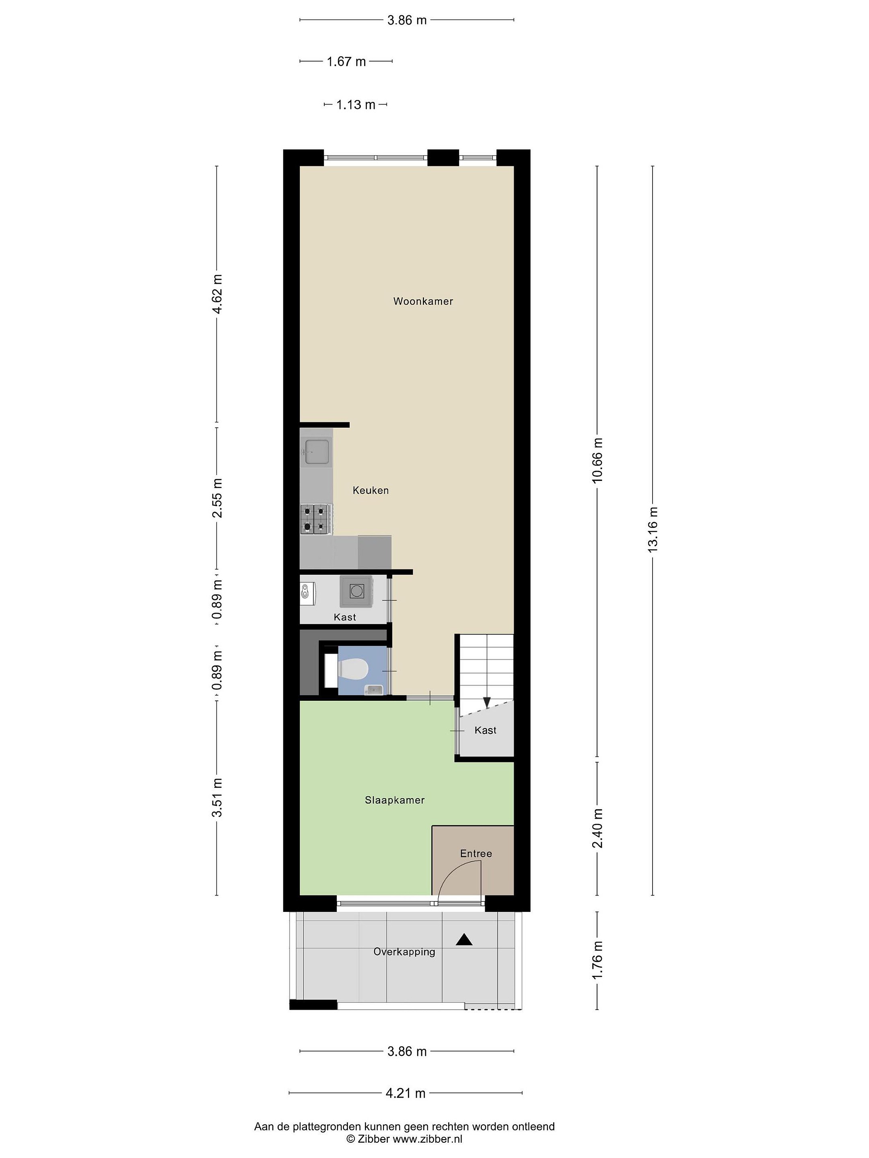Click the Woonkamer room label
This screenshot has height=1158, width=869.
pyautogui.click(x=423, y=301)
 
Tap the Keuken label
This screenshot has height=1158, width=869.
pyautogui.click(x=371, y=491)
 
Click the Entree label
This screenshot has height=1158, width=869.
pyautogui.click(x=476, y=854)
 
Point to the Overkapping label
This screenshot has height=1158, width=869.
pyautogui.click(x=404, y=952)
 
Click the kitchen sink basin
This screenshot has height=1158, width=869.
pyautogui.click(x=317, y=452)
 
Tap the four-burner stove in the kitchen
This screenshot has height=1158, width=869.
pyautogui.click(x=316, y=518)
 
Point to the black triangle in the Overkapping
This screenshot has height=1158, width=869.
pyautogui.click(x=464, y=940)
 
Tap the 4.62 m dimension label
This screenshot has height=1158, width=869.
pyautogui.click(x=217, y=294)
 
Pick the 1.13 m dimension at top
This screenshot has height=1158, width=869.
pyautogui.click(x=356, y=105)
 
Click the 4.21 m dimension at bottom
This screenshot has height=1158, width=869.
pyautogui.click(x=406, y=1093)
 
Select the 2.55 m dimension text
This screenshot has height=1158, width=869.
pyautogui.click(x=217, y=498)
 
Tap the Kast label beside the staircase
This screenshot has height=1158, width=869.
pyautogui.click(x=485, y=730)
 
